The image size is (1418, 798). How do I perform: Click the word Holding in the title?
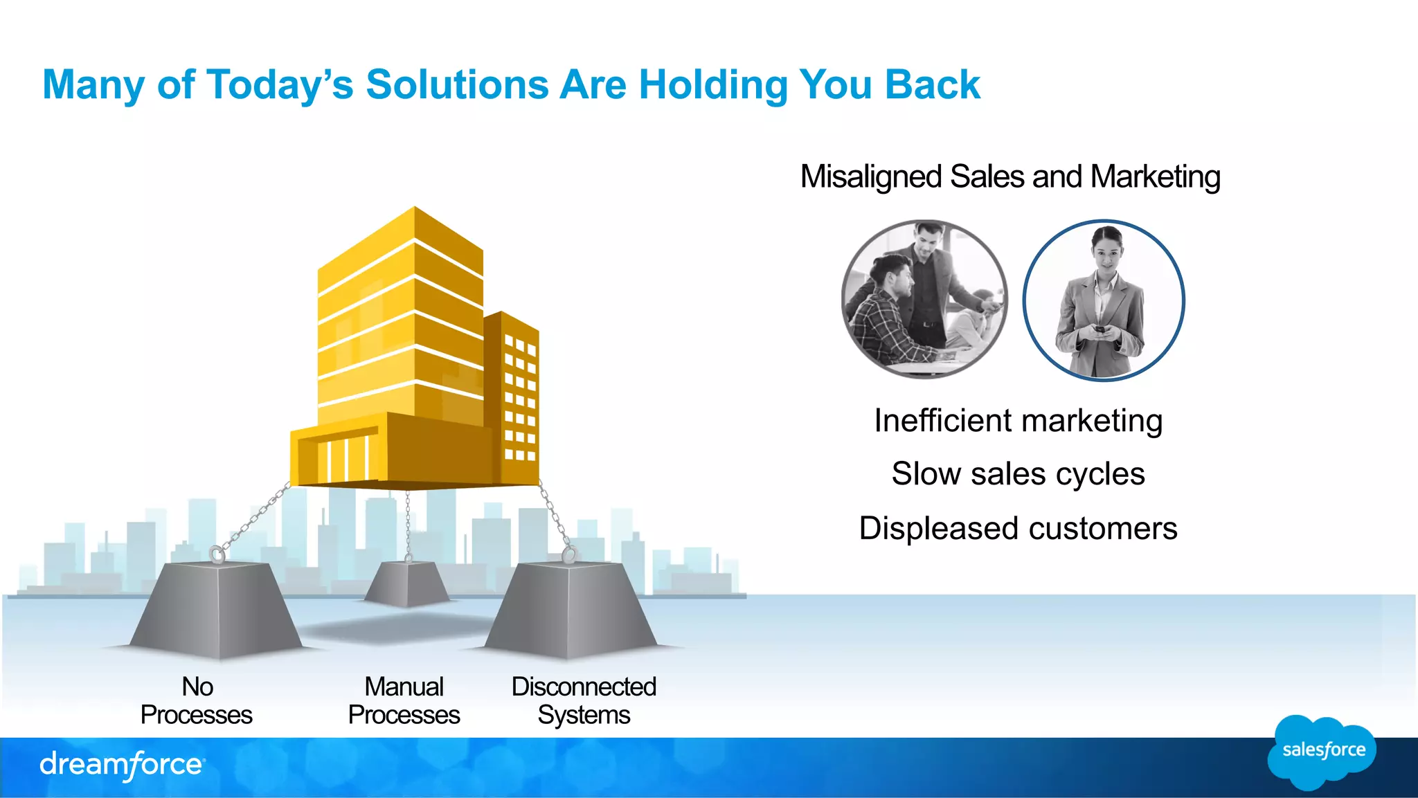tap(713, 85)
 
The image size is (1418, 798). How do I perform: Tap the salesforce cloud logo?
tap(1322, 751)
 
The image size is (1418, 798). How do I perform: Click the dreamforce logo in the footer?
tap(122, 765)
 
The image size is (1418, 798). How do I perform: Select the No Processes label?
tap(197, 700)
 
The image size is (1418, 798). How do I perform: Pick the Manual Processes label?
tap(404, 700)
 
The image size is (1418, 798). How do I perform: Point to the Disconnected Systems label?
tap(584, 700)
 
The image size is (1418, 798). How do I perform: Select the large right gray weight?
tap(571, 609)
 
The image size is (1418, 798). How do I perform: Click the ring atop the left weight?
tap(217, 554)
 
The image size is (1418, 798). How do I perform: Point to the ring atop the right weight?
tap(569, 554)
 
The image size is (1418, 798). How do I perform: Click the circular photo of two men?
tap(924, 299)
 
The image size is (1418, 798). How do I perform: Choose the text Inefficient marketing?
tap(1018, 421)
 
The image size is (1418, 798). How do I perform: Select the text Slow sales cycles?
tap(1018, 474)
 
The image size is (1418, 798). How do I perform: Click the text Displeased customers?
tap(1018, 529)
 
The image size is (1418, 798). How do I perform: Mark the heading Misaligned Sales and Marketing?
tap(1010, 176)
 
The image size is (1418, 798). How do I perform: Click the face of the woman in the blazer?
tap(1106, 252)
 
